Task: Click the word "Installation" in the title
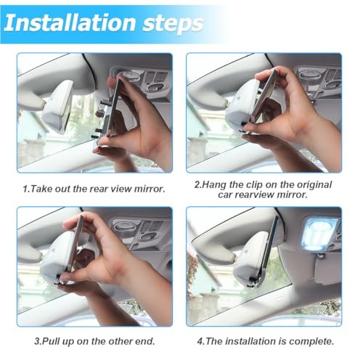point(70,23)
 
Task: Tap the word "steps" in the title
point(173,24)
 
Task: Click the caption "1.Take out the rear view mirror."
point(94,189)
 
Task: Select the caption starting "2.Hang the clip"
point(263,189)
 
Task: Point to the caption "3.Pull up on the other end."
point(94,341)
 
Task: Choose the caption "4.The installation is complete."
point(266,341)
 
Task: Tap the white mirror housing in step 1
point(58,107)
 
